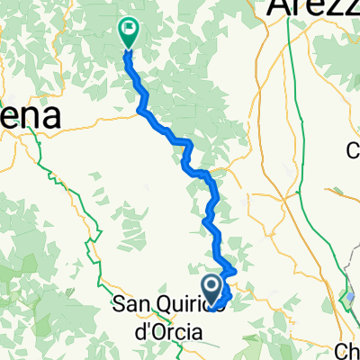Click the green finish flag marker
pos(128,32)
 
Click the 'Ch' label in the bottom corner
pos(347,350)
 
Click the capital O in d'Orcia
pos(157,332)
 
